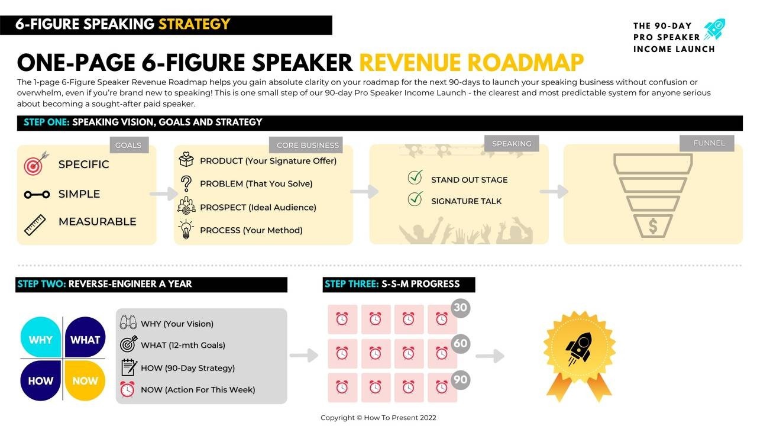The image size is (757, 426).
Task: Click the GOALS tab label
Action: click(128, 146)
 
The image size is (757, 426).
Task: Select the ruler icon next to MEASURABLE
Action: click(35, 225)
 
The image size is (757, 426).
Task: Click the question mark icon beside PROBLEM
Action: click(186, 184)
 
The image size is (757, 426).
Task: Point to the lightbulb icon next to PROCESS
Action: click(186, 229)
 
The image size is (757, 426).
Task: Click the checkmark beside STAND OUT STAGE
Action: click(415, 177)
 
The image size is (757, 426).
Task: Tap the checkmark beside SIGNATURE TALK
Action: click(415, 198)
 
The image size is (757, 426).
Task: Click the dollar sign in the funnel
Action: click(653, 226)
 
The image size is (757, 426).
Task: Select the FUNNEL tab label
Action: click(709, 143)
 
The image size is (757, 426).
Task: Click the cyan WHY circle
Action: click(41, 337)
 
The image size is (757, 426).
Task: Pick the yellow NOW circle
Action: click(85, 380)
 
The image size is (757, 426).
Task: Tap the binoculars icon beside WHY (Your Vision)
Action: click(128, 322)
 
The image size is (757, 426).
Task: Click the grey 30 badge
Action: click(460, 308)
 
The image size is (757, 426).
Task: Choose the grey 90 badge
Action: click(460, 380)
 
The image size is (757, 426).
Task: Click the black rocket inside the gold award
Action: click(579, 348)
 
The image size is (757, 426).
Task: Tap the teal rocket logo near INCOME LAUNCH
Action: click(715, 30)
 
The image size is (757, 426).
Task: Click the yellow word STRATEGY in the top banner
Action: click(195, 24)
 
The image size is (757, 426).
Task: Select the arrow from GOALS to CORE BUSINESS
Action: click(164, 193)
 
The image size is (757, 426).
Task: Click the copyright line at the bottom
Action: click(378, 418)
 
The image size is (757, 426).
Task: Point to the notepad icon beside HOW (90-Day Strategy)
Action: click(129, 367)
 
